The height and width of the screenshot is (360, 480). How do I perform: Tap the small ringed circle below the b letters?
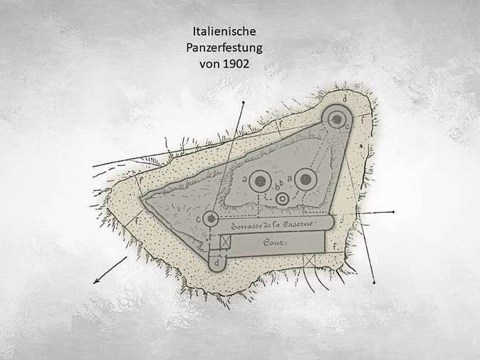point(283,198)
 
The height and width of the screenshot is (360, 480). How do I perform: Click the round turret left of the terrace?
point(210,219)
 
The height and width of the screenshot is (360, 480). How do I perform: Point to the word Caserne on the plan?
point(297,225)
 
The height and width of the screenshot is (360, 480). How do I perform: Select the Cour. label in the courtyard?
point(274,242)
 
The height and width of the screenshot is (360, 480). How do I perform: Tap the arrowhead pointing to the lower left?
point(95,281)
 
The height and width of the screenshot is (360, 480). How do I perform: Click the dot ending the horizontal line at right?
point(392,212)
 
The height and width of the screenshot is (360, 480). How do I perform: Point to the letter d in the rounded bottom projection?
point(217,262)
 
